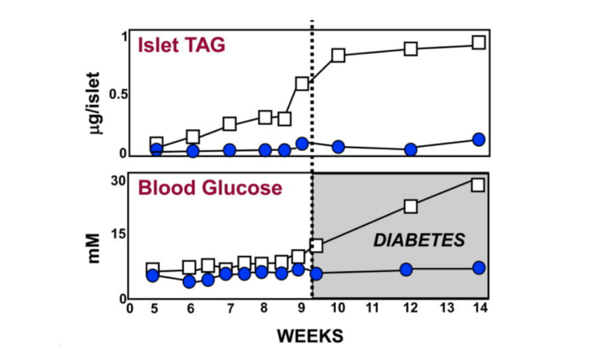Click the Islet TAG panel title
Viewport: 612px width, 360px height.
tap(182, 45)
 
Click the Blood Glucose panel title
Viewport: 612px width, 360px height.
tap(210, 188)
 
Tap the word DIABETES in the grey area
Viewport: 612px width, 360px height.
tap(419, 240)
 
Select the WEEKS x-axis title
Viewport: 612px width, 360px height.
tap(310, 336)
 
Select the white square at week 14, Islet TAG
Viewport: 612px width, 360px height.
tap(478, 42)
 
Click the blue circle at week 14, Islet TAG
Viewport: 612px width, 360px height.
tap(478, 139)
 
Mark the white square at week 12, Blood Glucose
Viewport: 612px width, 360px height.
tap(411, 206)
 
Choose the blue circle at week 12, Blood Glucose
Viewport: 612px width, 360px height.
tap(406, 269)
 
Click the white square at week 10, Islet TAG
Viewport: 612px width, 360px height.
tap(338, 55)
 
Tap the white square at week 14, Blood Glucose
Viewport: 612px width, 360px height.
tap(478, 184)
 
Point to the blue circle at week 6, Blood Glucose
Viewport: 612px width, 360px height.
tap(189, 281)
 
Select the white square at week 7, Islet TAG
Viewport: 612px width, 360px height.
tap(229, 124)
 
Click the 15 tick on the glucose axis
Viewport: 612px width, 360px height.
tap(117, 233)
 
